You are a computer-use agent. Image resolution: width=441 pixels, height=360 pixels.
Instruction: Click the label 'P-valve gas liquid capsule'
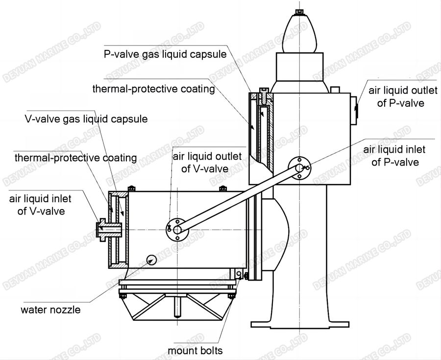tap(165, 54)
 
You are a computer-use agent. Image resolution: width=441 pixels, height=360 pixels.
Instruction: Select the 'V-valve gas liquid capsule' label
tap(86, 119)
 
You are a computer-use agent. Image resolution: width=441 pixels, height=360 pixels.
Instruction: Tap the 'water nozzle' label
tap(50, 310)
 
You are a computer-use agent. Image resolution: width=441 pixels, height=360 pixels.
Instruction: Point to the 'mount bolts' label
tap(195, 350)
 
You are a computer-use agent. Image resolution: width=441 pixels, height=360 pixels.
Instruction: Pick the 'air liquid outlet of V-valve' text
tap(207, 163)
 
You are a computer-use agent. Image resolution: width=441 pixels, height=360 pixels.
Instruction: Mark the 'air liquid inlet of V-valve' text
tap(40, 205)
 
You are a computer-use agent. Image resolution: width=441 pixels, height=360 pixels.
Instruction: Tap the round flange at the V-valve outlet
tap(176, 229)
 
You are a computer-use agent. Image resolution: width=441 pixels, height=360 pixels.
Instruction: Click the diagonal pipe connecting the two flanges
tap(238, 198)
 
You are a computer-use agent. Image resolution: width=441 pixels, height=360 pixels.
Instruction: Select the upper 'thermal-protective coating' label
tap(154, 89)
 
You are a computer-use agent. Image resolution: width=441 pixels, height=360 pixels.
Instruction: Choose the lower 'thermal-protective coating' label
tap(75, 158)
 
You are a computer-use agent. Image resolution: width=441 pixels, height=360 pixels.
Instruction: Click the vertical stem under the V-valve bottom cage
tap(177, 307)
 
